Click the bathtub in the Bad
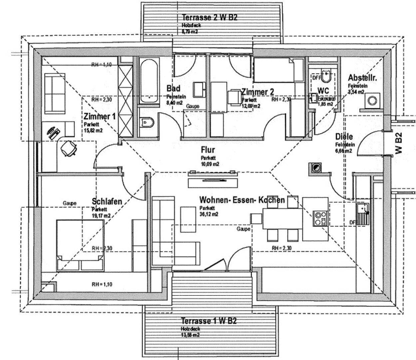pos(149,81)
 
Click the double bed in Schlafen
pos(81,245)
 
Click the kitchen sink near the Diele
pos(362,214)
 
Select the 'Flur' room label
pos(208,150)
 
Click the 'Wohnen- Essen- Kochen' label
pos(242,200)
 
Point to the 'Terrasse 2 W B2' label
pos(209,18)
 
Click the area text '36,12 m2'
pos(209,214)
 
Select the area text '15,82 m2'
pos(93,131)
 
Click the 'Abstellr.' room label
pos(362,78)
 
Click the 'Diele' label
pos(344,137)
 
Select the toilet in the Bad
pos(147,123)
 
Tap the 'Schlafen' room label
pos(107,202)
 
